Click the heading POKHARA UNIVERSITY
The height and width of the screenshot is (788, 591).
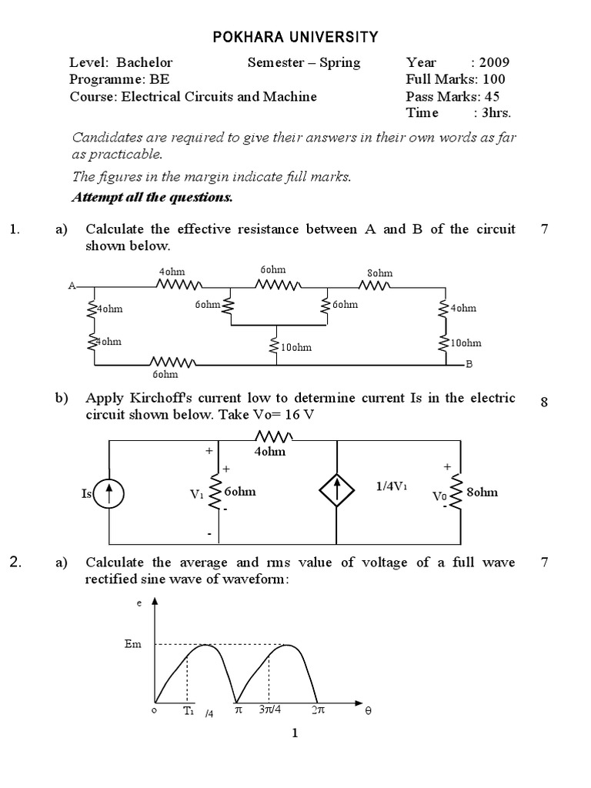click(295, 36)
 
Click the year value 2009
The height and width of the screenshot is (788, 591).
click(493, 62)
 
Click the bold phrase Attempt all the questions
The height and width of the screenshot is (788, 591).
click(152, 197)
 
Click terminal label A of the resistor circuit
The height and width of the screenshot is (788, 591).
click(72, 285)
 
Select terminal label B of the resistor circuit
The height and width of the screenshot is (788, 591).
click(469, 365)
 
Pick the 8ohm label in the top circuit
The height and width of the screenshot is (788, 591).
click(379, 272)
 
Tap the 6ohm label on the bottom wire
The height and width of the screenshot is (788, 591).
click(165, 374)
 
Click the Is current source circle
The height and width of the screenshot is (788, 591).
click(109, 493)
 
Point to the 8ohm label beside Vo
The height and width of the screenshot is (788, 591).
click(482, 492)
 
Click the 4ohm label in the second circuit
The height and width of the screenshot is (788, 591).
click(270, 452)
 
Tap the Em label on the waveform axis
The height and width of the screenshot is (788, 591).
click(132, 643)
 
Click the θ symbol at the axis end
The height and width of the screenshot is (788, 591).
click(367, 712)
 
